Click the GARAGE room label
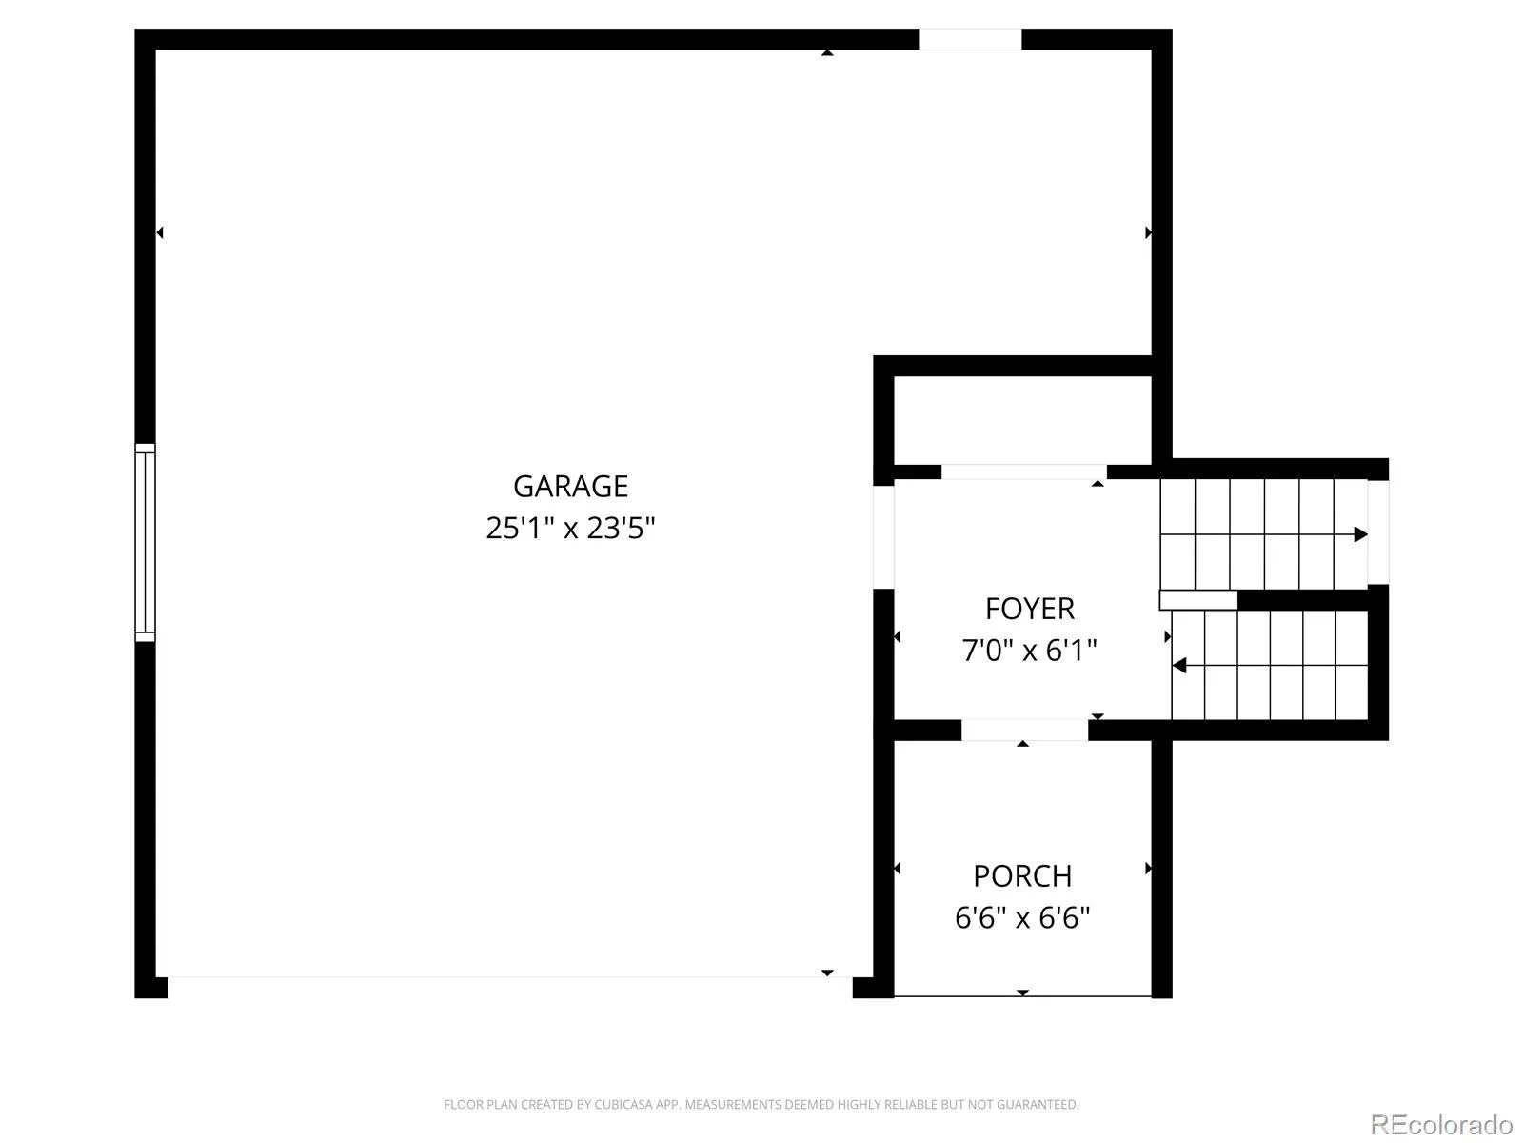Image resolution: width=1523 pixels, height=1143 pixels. [x=570, y=486]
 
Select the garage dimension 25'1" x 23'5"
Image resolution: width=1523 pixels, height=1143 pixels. [x=570, y=528]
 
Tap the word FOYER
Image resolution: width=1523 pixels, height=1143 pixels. [x=1030, y=609]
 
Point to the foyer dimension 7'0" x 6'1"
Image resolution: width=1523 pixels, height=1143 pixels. [x=1030, y=651]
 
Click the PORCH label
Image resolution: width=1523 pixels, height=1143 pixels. [x=1022, y=875]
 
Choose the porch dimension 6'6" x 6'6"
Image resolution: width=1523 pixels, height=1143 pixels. [x=1022, y=917]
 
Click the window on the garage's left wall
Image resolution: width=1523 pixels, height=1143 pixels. [x=145, y=542]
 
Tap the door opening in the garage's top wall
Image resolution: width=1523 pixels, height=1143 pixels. [x=969, y=39]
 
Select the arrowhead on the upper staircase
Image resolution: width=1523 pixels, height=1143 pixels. [x=1360, y=534]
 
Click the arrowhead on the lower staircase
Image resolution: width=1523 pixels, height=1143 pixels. [x=1178, y=666]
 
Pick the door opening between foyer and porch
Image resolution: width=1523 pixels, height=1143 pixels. [x=1024, y=730]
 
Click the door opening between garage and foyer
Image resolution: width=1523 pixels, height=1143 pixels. [x=883, y=537]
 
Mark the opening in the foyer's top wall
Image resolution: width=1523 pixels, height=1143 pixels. [x=1023, y=471]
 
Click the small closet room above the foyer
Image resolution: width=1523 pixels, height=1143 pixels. [x=1022, y=421]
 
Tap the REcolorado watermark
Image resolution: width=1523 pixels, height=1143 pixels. [x=1441, y=1124]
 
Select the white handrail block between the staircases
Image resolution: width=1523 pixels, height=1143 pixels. [x=1198, y=600]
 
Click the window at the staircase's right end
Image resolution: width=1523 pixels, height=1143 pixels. [x=1378, y=532]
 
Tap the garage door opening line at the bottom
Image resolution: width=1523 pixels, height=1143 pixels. [x=510, y=977]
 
